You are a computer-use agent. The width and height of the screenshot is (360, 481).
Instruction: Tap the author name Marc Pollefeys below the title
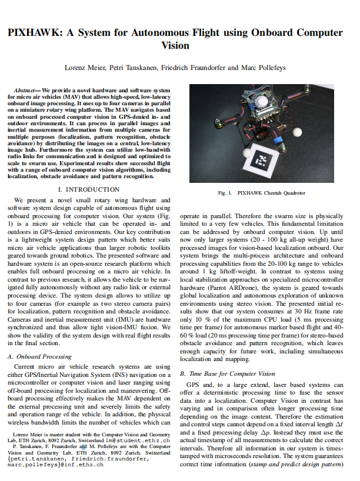click(265, 68)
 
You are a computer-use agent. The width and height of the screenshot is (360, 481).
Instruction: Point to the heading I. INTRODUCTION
click(89, 190)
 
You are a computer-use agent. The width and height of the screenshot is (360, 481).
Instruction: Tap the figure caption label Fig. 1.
click(226, 193)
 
